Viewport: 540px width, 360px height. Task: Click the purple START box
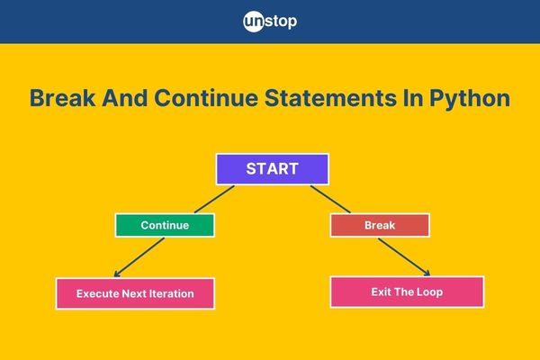(x=273, y=169)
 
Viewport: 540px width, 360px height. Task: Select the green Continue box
(x=165, y=225)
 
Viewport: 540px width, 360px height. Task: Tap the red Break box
(x=380, y=225)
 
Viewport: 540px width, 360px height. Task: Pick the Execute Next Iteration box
(x=135, y=293)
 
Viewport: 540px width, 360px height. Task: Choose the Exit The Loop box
(x=407, y=292)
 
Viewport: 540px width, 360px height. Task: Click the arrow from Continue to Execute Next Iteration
(x=139, y=257)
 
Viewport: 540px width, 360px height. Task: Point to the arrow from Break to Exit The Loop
(x=404, y=257)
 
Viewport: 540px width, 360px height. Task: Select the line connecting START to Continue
(x=214, y=199)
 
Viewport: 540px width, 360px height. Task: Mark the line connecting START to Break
(x=330, y=199)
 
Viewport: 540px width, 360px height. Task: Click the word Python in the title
(x=470, y=98)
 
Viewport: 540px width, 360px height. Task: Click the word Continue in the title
(x=206, y=98)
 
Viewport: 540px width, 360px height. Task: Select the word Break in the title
(x=63, y=98)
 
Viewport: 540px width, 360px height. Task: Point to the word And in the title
(x=125, y=98)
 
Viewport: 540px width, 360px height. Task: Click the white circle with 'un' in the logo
(x=254, y=22)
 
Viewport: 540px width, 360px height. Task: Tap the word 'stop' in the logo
(x=281, y=22)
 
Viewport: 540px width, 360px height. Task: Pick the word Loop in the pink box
(x=429, y=292)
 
